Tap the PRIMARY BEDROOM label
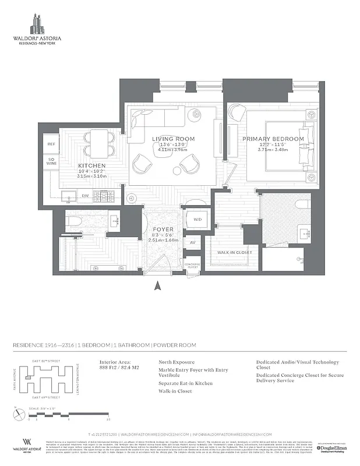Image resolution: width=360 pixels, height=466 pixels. click(x=273, y=139)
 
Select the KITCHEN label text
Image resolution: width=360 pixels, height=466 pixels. click(x=91, y=165)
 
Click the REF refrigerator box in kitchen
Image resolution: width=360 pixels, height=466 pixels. click(x=51, y=143)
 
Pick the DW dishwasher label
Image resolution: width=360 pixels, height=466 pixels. click(x=85, y=196)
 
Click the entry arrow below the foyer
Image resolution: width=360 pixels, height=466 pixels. click(x=156, y=285)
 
